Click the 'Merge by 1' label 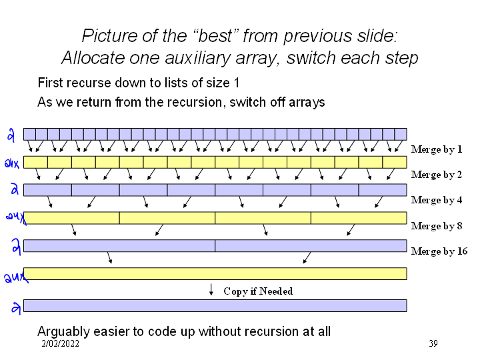[x=437, y=149]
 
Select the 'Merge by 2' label [x=437, y=175]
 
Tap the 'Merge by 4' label [x=437, y=200]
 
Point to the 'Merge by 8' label [x=437, y=226]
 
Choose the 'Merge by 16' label [x=439, y=251]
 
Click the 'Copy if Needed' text [x=258, y=291]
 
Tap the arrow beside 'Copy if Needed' [x=211, y=290]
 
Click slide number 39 [x=433, y=344]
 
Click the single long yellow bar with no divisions [x=215, y=273]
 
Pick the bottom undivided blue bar [x=215, y=305]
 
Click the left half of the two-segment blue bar [x=119, y=245]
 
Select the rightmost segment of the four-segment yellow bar [x=359, y=217]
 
